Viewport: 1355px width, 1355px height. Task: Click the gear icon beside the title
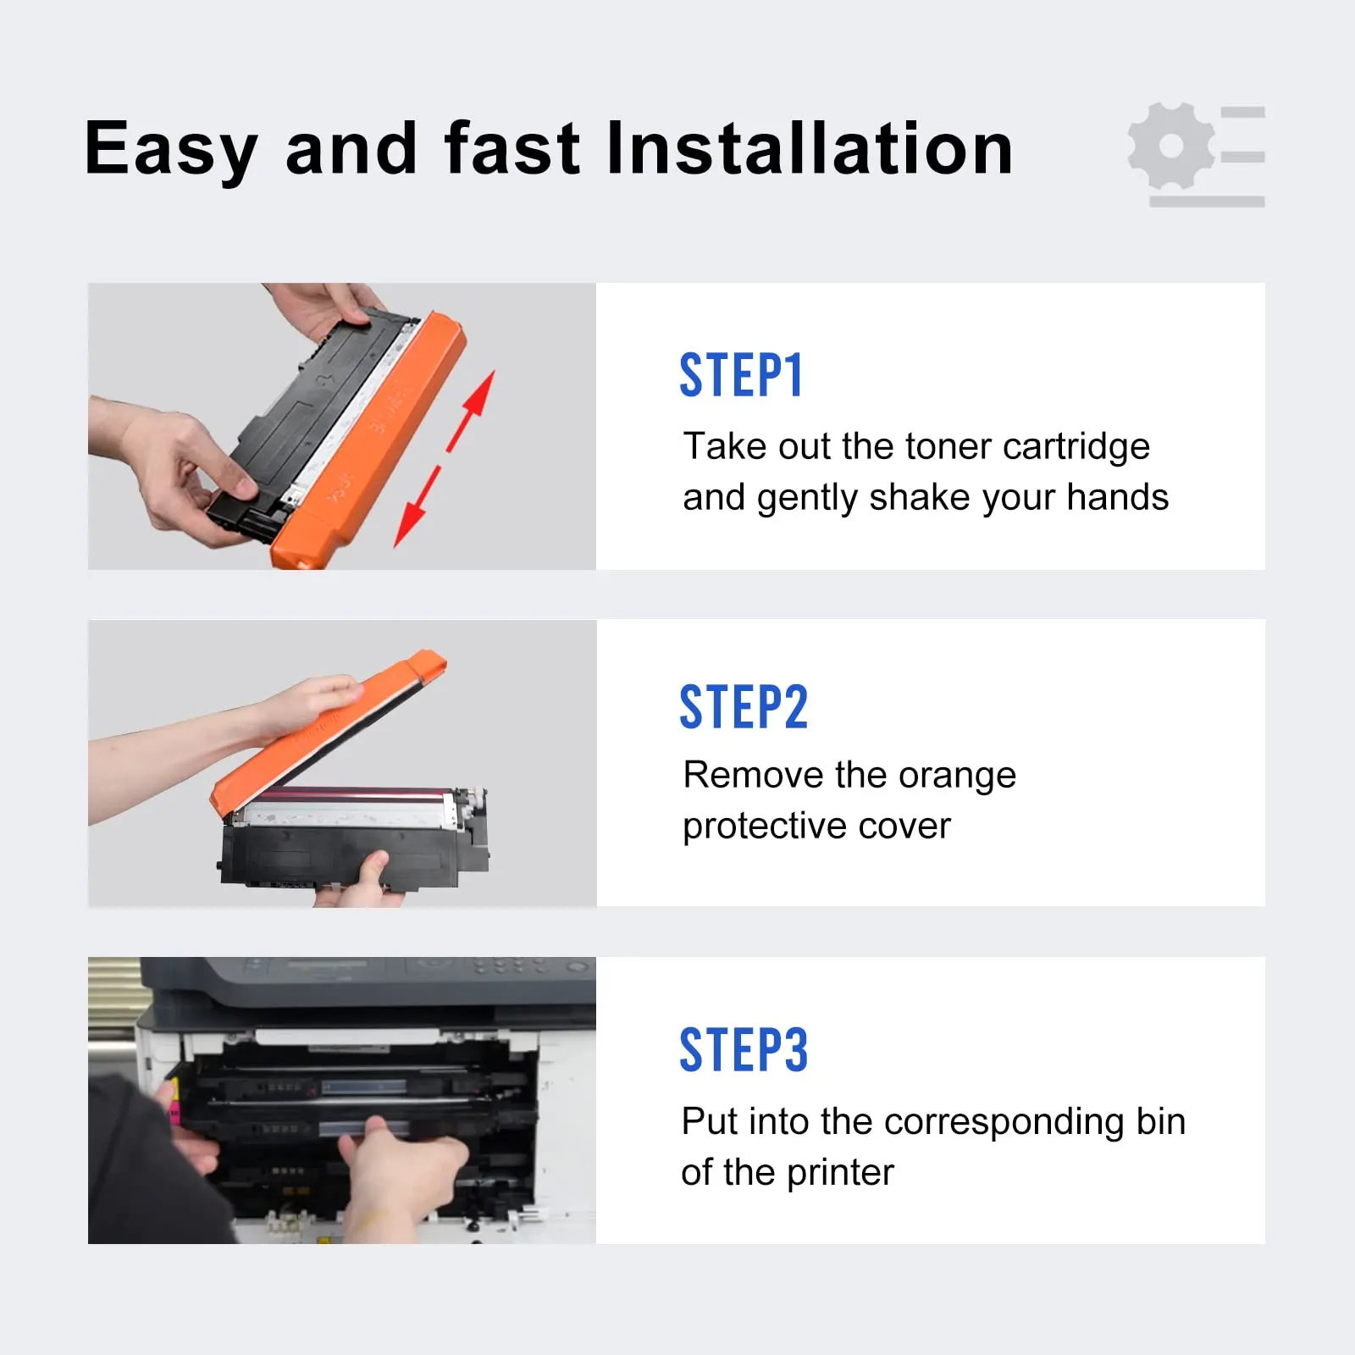click(x=1171, y=146)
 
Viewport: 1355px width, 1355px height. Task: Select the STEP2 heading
click(x=744, y=707)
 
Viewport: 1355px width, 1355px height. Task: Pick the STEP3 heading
click(x=744, y=1050)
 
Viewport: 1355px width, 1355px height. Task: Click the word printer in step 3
click(x=840, y=1173)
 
